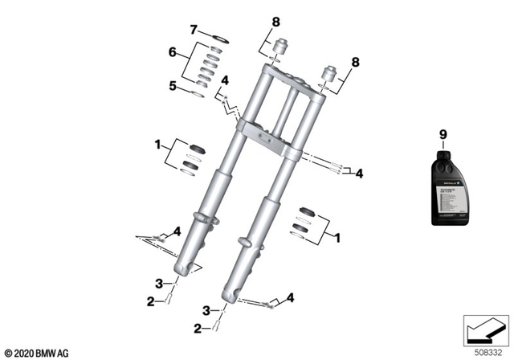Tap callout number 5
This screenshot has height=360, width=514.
171,84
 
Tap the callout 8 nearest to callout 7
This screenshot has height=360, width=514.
275,21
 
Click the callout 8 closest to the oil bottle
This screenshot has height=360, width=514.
356,61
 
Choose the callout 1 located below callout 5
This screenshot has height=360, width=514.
158,146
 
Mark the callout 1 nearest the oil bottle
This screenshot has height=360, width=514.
338,238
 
